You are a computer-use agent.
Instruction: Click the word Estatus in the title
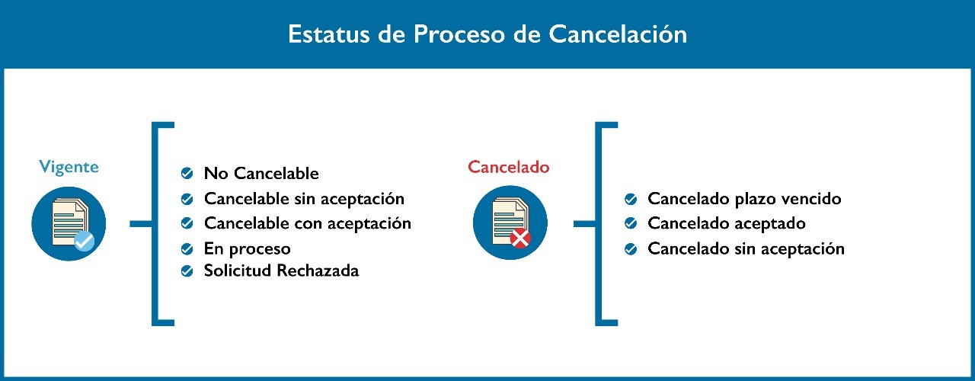pyautogui.click(x=328, y=34)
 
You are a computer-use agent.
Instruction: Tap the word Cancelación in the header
pyautogui.click(x=618, y=34)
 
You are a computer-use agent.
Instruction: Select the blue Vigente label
pyautogui.click(x=69, y=168)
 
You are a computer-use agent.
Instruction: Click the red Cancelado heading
pyautogui.click(x=508, y=167)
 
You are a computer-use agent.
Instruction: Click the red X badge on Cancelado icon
pyautogui.click(x=520, y=239)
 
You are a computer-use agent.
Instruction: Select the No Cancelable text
pyautogui.click(x=261, y=173)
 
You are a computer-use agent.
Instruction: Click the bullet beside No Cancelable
pyautogui.click(x=187, y=173)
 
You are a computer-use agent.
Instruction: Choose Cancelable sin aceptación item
pyautogui.click(x=304, y=199)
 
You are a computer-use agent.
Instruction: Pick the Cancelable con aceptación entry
pyautogui.click(x=308, y=223)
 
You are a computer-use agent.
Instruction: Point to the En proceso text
pyautogui.click(x=248, y=249)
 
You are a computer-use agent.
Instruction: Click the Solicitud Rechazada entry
pyautogui.click(x=282, y=271)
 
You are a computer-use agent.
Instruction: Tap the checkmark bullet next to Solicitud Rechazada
pyautogui.click(x=187, y=271)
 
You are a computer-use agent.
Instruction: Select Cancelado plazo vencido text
pyautogui.click(x=744, y=199)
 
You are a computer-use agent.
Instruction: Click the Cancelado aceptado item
pyautogui.click(x=727, y=223)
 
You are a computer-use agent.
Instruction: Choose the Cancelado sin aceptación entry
pyautogui.click(x=746, y=248)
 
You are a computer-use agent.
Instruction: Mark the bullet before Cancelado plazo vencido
pyautogui.click(x=631, y=199)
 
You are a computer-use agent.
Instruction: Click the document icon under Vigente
pyautogui.click(x=69, y=224)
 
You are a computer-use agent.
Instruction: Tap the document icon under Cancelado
pyautogui.click(x=510, y=223)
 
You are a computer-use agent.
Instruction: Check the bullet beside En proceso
pyautogui.click(x=187, y=249)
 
